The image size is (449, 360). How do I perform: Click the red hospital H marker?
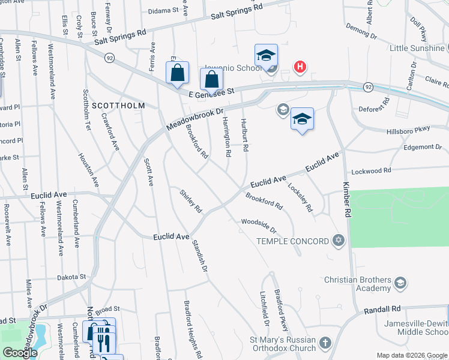click(299, 68)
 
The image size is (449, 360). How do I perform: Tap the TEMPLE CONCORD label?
click(293, 241)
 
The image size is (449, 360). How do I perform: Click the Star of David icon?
click(339, 241)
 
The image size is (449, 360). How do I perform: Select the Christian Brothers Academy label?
click(357, 284)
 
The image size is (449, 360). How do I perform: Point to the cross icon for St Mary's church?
click(325, 343)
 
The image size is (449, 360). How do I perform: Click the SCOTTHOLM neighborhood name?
click(119, 106)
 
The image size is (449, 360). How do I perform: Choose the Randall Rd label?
click(382, 308)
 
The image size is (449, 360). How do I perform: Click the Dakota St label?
click(71, 277)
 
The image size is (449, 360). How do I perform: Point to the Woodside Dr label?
click(259, 226)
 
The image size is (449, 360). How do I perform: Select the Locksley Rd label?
click(301, 197)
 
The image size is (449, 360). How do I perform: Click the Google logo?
click(20, 352)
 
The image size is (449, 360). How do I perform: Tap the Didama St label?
click(164, 10)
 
